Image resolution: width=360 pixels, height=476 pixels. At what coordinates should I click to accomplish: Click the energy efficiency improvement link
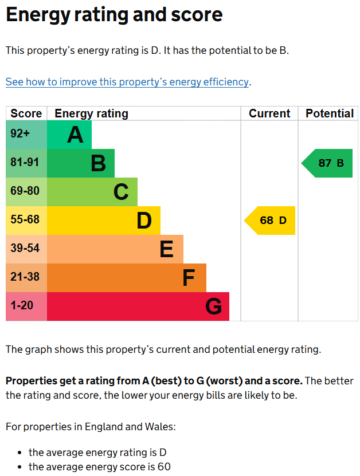coord(127,82)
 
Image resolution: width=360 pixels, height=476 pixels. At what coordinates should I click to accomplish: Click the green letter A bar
coord(69,135)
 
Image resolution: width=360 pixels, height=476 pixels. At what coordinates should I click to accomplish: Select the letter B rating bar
coord(81,163)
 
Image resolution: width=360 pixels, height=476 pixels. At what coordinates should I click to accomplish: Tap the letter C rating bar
coord(92,192)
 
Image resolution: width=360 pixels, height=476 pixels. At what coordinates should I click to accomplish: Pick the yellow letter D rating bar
coord(104,221)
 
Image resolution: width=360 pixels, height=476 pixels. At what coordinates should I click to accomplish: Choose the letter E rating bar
coord(115,249)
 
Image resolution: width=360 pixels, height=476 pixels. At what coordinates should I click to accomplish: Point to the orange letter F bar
coord(127,278)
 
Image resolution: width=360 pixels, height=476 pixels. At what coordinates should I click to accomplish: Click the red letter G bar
coord(138,306)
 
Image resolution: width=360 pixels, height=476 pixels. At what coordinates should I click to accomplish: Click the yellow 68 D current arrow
coord(271,221)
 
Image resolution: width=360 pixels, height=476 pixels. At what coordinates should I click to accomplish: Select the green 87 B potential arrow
coord(328,163)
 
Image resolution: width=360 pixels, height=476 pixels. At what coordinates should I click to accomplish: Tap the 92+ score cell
coord(26,135)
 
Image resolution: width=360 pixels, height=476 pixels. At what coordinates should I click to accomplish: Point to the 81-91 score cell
coord(26,163)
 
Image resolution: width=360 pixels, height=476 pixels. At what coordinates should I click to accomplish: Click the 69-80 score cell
coord(26,192)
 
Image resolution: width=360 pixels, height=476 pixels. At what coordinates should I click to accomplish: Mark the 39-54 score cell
coord(26,249)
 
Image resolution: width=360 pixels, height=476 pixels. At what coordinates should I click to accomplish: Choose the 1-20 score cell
coord(26,306)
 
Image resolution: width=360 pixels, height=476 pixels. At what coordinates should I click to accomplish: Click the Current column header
coord(269,113)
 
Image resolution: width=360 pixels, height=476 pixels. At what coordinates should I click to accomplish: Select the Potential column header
coord(329,113)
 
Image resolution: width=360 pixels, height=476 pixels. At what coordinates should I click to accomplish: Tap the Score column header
coord(26,113)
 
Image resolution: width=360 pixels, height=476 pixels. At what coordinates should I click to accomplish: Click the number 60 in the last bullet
coord(164,467)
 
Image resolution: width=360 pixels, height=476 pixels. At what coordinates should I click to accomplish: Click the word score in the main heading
coord(194,15)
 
